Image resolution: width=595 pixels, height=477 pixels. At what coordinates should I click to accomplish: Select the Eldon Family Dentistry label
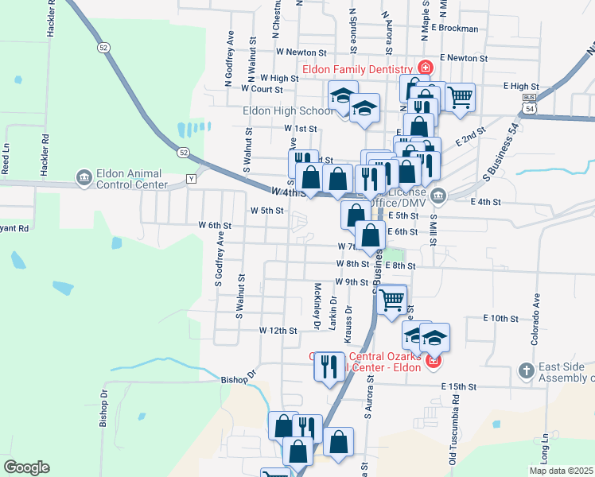359,68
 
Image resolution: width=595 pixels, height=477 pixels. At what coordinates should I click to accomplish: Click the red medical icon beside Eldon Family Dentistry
426,67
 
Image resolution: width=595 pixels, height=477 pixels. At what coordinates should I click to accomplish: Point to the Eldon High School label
288,111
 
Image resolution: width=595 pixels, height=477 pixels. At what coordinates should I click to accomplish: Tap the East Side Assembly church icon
525,370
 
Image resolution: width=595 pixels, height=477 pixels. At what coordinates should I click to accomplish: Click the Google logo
26,467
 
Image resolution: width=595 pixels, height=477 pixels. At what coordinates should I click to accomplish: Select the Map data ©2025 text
560,471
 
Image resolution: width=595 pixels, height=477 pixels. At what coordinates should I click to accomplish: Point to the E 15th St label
459,386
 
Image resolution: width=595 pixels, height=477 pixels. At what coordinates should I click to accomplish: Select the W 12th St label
278,330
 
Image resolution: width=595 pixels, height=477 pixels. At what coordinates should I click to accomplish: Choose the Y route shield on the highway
191,179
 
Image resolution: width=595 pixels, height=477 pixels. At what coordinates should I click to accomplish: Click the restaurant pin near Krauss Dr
328,366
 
